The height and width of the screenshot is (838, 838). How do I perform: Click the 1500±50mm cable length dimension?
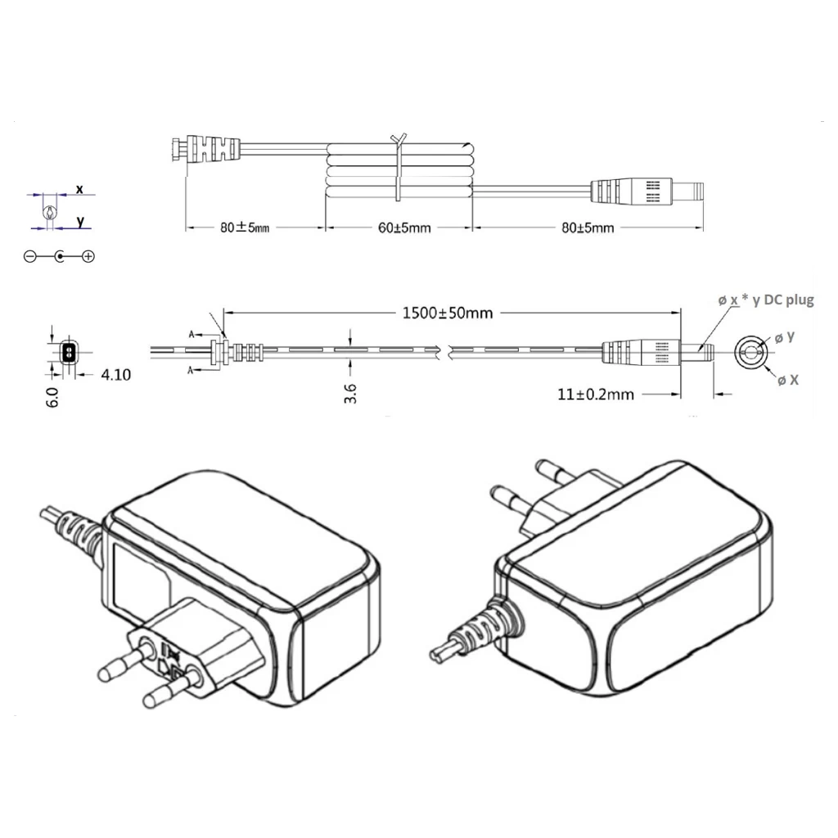[448, 313]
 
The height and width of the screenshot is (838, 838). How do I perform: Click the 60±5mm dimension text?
[404, 228]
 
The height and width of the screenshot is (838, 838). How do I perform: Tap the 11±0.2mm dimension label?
[596, 394]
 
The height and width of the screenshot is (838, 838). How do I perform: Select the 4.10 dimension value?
[116, 375]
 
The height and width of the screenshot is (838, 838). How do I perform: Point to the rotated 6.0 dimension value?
[53, 398]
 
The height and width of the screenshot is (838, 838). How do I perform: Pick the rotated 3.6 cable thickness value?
[350, 394]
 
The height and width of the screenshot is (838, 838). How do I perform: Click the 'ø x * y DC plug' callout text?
[766, 300]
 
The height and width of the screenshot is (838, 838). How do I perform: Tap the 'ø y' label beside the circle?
[785, 337]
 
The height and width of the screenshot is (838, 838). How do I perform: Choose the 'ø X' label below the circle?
[788, 380]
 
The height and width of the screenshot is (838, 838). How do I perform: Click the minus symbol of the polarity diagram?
[30, 256]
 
